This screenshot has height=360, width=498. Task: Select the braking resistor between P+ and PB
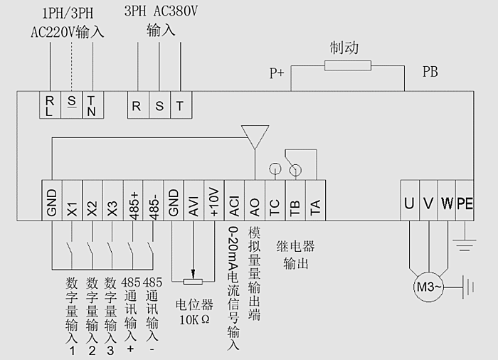pos(347,66)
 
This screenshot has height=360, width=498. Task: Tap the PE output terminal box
pos(465,203)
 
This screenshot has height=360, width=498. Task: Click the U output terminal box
pos(408,203)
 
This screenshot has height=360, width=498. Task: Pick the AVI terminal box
pos(193,203)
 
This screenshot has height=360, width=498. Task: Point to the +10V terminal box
pos(213,203)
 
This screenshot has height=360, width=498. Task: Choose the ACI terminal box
pos(234,203)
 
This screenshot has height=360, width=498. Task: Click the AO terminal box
pos(254,203)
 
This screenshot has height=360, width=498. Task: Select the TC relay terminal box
pos(275,203)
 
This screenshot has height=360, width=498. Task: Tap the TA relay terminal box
pos(315,203)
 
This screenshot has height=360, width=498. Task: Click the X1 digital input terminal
pos(72,203)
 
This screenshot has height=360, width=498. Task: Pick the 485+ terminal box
pos(132,203)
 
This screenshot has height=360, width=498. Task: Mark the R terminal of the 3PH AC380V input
pos(137,106)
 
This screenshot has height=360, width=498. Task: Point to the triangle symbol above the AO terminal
pos(255,134)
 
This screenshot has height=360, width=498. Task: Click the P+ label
pos(277,73)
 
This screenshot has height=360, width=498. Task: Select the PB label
pos(430,72)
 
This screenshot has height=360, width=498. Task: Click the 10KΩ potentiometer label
pos(194,319)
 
